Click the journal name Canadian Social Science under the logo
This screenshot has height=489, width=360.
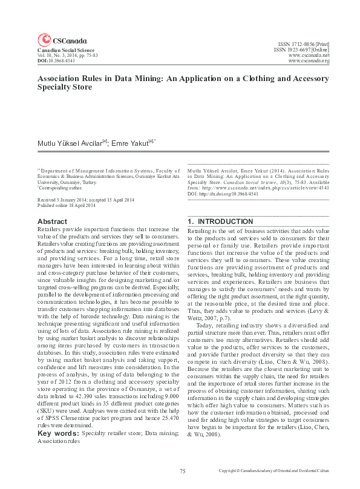[62, 50]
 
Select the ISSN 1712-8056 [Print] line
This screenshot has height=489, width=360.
[303, 45]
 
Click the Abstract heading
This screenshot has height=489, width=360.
[52, 222]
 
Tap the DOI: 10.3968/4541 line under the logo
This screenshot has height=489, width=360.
[56, 61]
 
